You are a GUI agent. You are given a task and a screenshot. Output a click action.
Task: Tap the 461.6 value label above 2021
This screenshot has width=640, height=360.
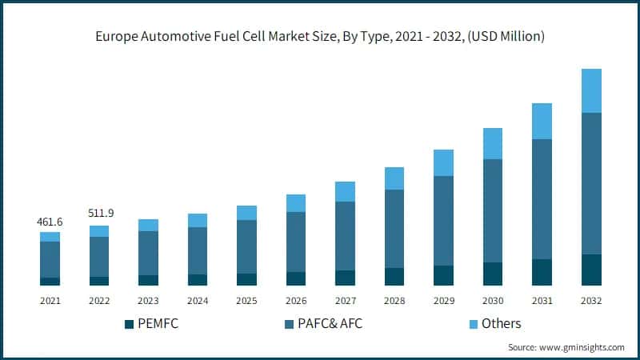pyautogui.click(x=50, y=221)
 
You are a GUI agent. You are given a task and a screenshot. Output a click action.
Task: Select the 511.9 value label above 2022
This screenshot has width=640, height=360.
pyautogui.click(x=99, y=214)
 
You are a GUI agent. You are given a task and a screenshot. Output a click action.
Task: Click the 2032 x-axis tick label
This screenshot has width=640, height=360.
pyautogui.click(x=591, y=301)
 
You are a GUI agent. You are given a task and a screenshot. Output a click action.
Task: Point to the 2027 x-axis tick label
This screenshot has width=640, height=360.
pyautogui.click(x=345, y=301)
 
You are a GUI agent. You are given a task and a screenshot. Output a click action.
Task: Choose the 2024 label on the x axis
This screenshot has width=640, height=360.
pyautogui.click(x=198, y=301)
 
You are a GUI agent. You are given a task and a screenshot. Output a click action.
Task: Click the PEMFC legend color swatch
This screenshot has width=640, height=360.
pyautogui.click(x=129, y=324)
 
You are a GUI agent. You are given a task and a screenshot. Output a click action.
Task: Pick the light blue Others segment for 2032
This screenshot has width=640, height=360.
pyautogui.click(x=591, y=90)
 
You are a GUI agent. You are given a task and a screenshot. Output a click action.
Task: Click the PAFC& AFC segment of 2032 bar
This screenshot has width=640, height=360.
pyautogui.click(x=591, y=183)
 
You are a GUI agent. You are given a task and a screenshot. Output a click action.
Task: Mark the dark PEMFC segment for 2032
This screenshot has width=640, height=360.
pyautogui.click(x=591, y=270)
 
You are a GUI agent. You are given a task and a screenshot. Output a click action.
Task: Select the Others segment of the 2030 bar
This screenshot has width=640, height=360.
pyautogui.click(x=493, y=143)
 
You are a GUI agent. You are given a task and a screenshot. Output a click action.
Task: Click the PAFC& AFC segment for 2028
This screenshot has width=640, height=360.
pyautogui.click(x=394, y=229)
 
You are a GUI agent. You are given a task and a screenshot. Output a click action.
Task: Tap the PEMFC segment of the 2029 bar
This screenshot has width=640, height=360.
pyautogui.click(x=443, y=275)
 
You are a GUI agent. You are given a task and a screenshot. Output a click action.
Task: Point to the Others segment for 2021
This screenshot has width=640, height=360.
pyautogui.click(x=50, y=237)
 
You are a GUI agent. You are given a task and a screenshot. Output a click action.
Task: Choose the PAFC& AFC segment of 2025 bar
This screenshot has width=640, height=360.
pyautogui.click(x=246, y=246)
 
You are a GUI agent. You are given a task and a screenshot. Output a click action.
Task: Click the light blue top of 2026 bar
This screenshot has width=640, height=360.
pyautogui.click(x=296, y=202)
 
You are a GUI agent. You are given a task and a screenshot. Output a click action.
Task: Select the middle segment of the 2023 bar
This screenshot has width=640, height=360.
pyautogui.click(x=148, y=253)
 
